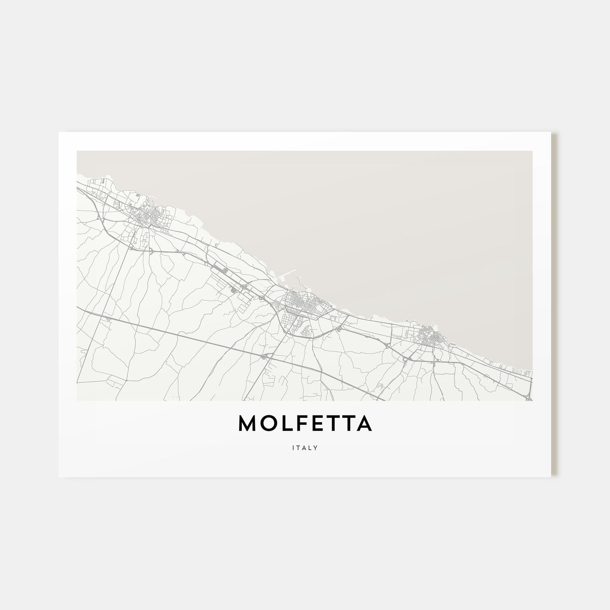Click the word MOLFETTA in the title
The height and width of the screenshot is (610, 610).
pyautogui.click(x=305, y=424)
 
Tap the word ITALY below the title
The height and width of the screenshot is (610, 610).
pyautogui.click(x=305, y=447)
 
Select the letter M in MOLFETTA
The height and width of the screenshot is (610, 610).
pyautogui.click(x=248, y=424)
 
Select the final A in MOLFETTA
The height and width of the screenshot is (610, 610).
pyautogui.click(x=364, y=424)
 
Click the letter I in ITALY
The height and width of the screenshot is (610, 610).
pyautogui.click(x=294, y=447)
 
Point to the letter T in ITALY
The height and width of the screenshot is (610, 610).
pyautogui.click(x=298, y=447)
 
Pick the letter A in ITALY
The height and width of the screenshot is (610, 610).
pyautogui.click(x=305, y=447)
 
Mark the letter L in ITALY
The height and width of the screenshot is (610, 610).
pyautogui.click(x=310, y=447)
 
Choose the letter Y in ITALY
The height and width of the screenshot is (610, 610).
pyautogui.click(x=316, y=447)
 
